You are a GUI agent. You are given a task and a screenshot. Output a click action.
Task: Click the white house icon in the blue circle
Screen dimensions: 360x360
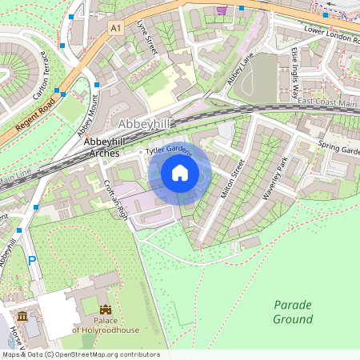point(180,173)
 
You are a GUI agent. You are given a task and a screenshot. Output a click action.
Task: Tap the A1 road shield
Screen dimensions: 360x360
point(117,28)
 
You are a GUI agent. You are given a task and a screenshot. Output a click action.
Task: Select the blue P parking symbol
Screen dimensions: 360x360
point(32,260)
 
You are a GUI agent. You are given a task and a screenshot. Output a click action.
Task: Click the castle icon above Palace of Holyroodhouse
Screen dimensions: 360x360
point(104,310)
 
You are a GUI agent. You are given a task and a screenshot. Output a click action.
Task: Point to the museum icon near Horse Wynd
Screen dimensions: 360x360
point(22,317)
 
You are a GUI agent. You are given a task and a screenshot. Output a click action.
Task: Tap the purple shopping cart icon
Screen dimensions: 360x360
point(221,10)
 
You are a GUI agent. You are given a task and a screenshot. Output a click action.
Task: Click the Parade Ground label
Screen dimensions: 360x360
point(293,312)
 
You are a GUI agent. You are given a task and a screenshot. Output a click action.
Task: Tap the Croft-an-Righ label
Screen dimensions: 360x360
point(115,198)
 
